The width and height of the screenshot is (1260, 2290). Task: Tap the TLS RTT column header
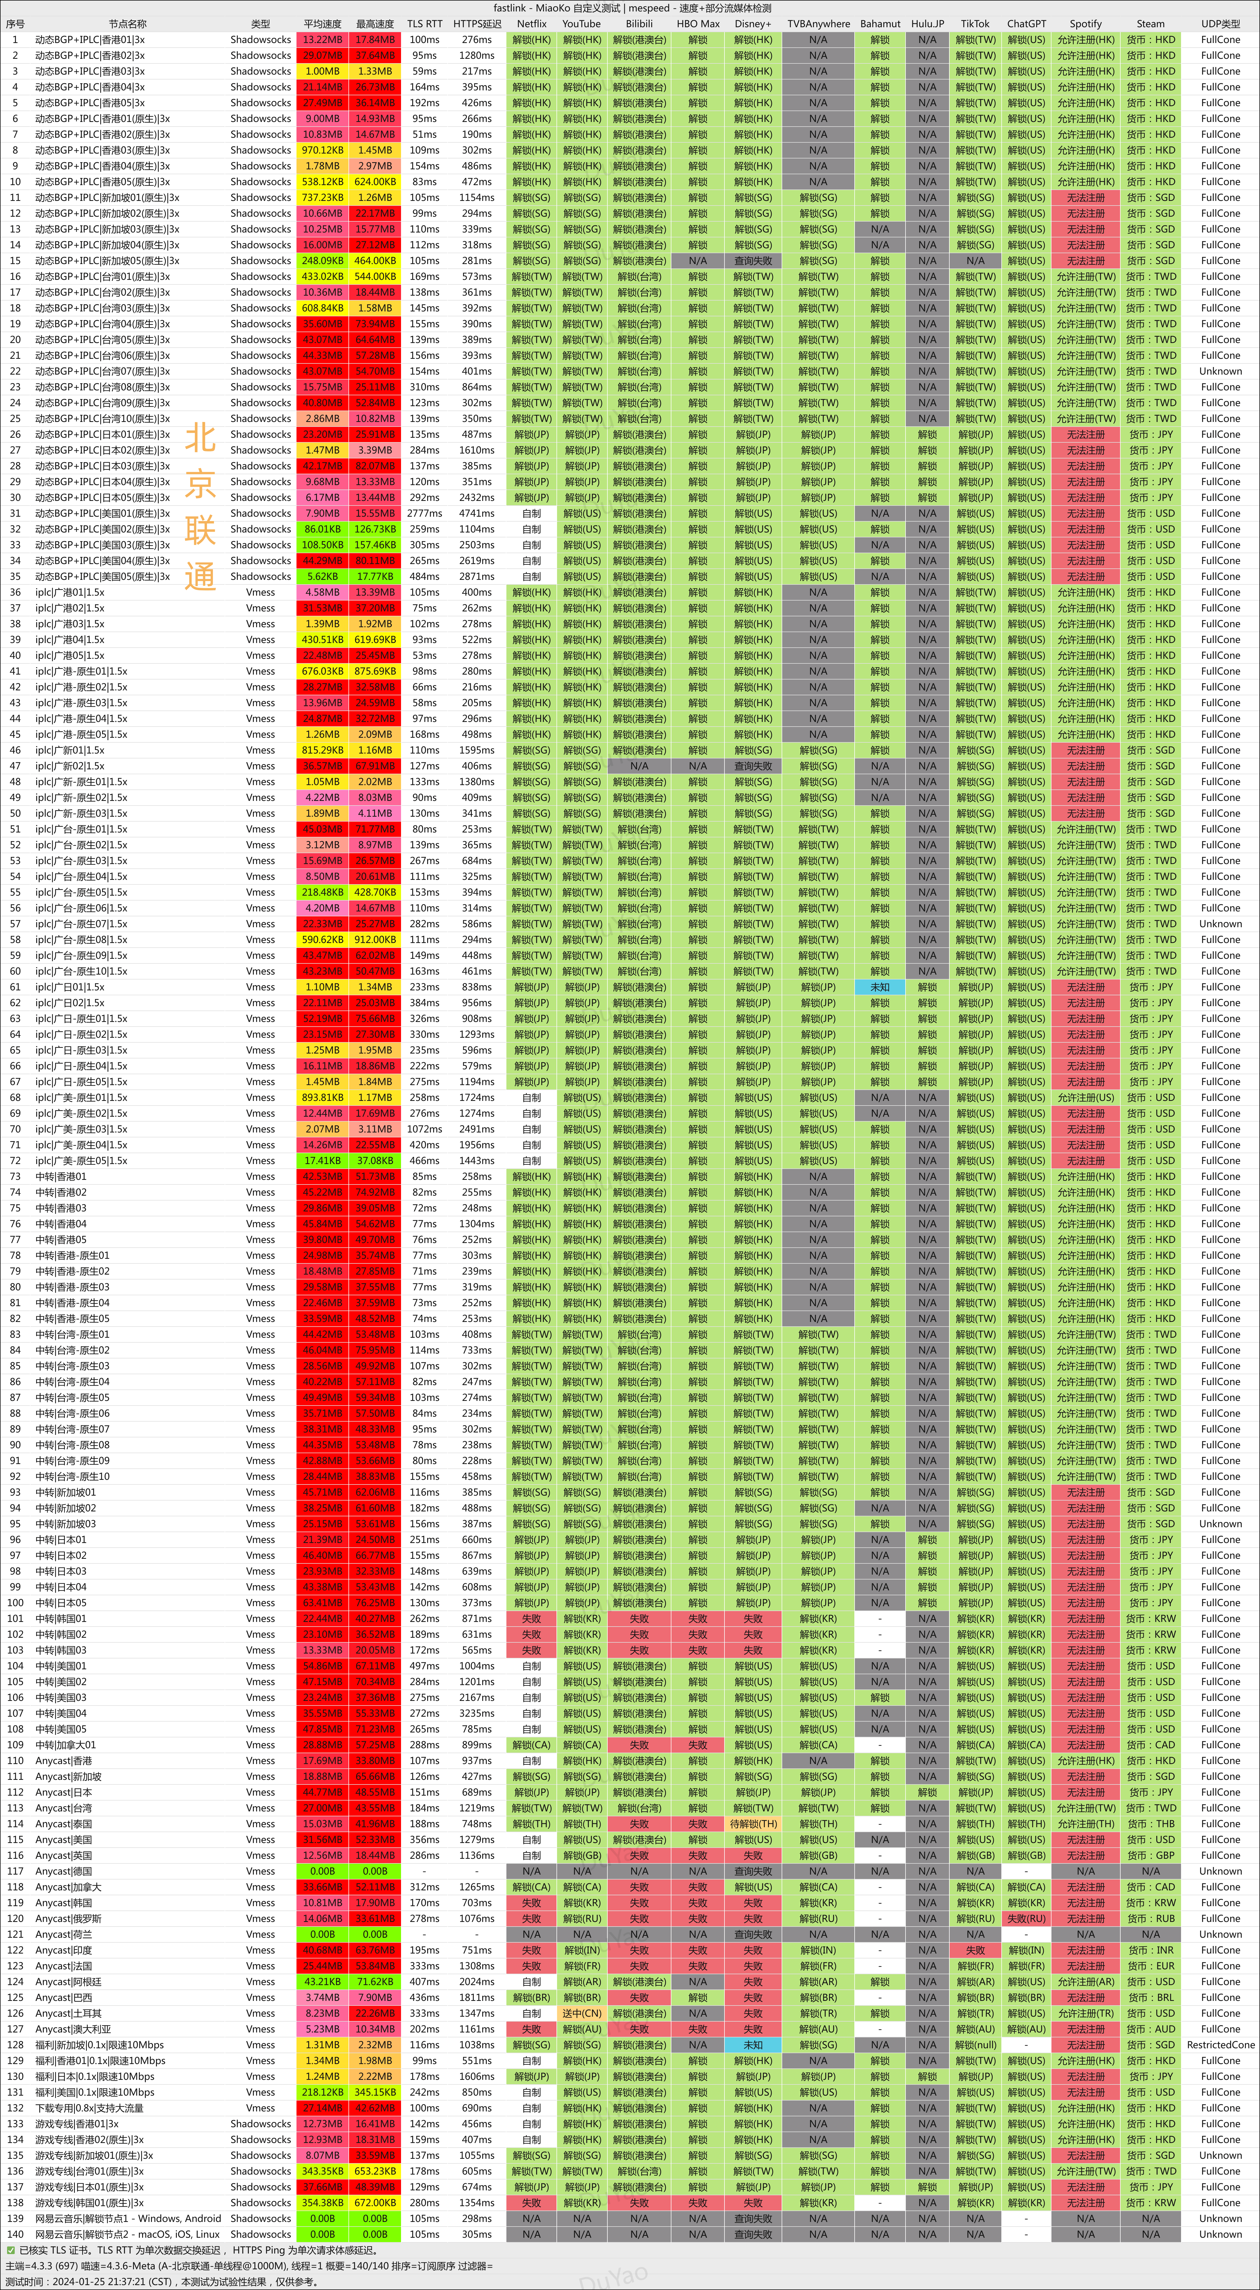pos(424,24)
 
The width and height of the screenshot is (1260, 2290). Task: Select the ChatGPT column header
pos(1026,24)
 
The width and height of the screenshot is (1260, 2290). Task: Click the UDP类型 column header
pos(1220,24)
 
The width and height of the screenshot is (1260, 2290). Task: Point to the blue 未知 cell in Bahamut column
pos(879,987)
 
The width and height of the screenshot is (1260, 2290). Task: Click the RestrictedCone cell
pos(1220,2045)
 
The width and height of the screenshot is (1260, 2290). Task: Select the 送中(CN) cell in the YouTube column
pos(582,2013)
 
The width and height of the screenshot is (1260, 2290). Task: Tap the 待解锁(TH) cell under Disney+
pos(753,1823)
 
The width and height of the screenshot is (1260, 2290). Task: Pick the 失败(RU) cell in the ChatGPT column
pos(1026,1918)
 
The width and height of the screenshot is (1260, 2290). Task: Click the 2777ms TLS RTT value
pos(424,513)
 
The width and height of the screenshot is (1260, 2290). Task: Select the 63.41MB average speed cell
pos(322,1603)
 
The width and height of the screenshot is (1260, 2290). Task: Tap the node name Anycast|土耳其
pos(68,2013)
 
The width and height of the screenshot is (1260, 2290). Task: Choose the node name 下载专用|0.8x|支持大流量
pos(89,2108)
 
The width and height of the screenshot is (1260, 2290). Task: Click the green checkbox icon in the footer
pos(11,2250)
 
